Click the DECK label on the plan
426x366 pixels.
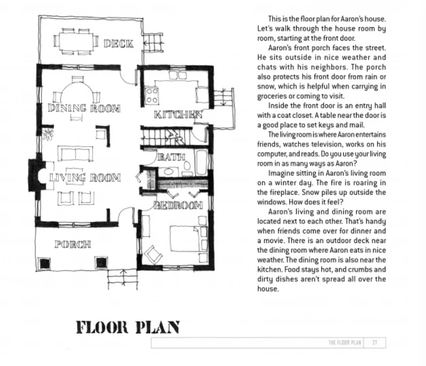coord(119,44)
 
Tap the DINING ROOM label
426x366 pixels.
coord(84,108)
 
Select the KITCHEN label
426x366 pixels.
coord(178,115)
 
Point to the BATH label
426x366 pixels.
coord(171,157)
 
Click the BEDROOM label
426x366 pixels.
coord(178,205)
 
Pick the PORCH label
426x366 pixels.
coord(73,244)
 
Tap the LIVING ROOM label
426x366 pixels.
coord(85,178)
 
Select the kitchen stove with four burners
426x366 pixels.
coord(152,96)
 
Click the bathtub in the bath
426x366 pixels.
coord(201,163)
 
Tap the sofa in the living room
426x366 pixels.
coord(75,154)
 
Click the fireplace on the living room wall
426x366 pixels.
coord(37,176)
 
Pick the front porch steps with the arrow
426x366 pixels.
coord(123,279)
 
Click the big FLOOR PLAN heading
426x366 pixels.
coord(128,328)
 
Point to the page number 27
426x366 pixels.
coord(375,342)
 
